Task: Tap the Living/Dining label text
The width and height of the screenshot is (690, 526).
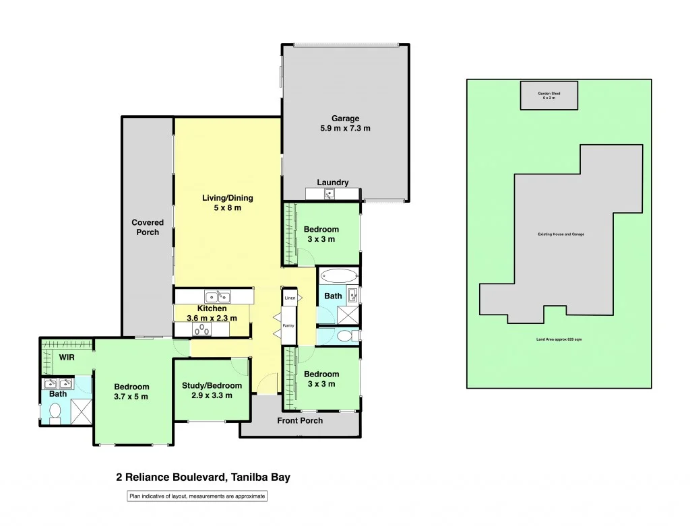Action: (228, 198)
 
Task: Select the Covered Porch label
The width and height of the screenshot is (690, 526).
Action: (148, 227)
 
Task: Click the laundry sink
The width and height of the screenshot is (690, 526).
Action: (330, 195)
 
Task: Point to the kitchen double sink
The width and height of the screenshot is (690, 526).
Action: (218, 296)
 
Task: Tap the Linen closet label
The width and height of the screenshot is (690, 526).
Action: (290, 298)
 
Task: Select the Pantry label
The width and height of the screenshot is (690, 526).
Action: (288, 325)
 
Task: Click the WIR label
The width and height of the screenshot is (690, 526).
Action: (67, 356)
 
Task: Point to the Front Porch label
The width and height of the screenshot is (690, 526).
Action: (300, 420)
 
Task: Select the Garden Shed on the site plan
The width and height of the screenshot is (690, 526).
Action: (548, 95)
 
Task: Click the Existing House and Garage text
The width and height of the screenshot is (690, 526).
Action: (561, 234)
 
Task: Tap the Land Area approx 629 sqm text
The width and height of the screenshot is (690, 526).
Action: (559, 339)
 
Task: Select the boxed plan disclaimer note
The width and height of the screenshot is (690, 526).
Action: (197, 496)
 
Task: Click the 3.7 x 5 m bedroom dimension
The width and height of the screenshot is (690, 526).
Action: (131, 396)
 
